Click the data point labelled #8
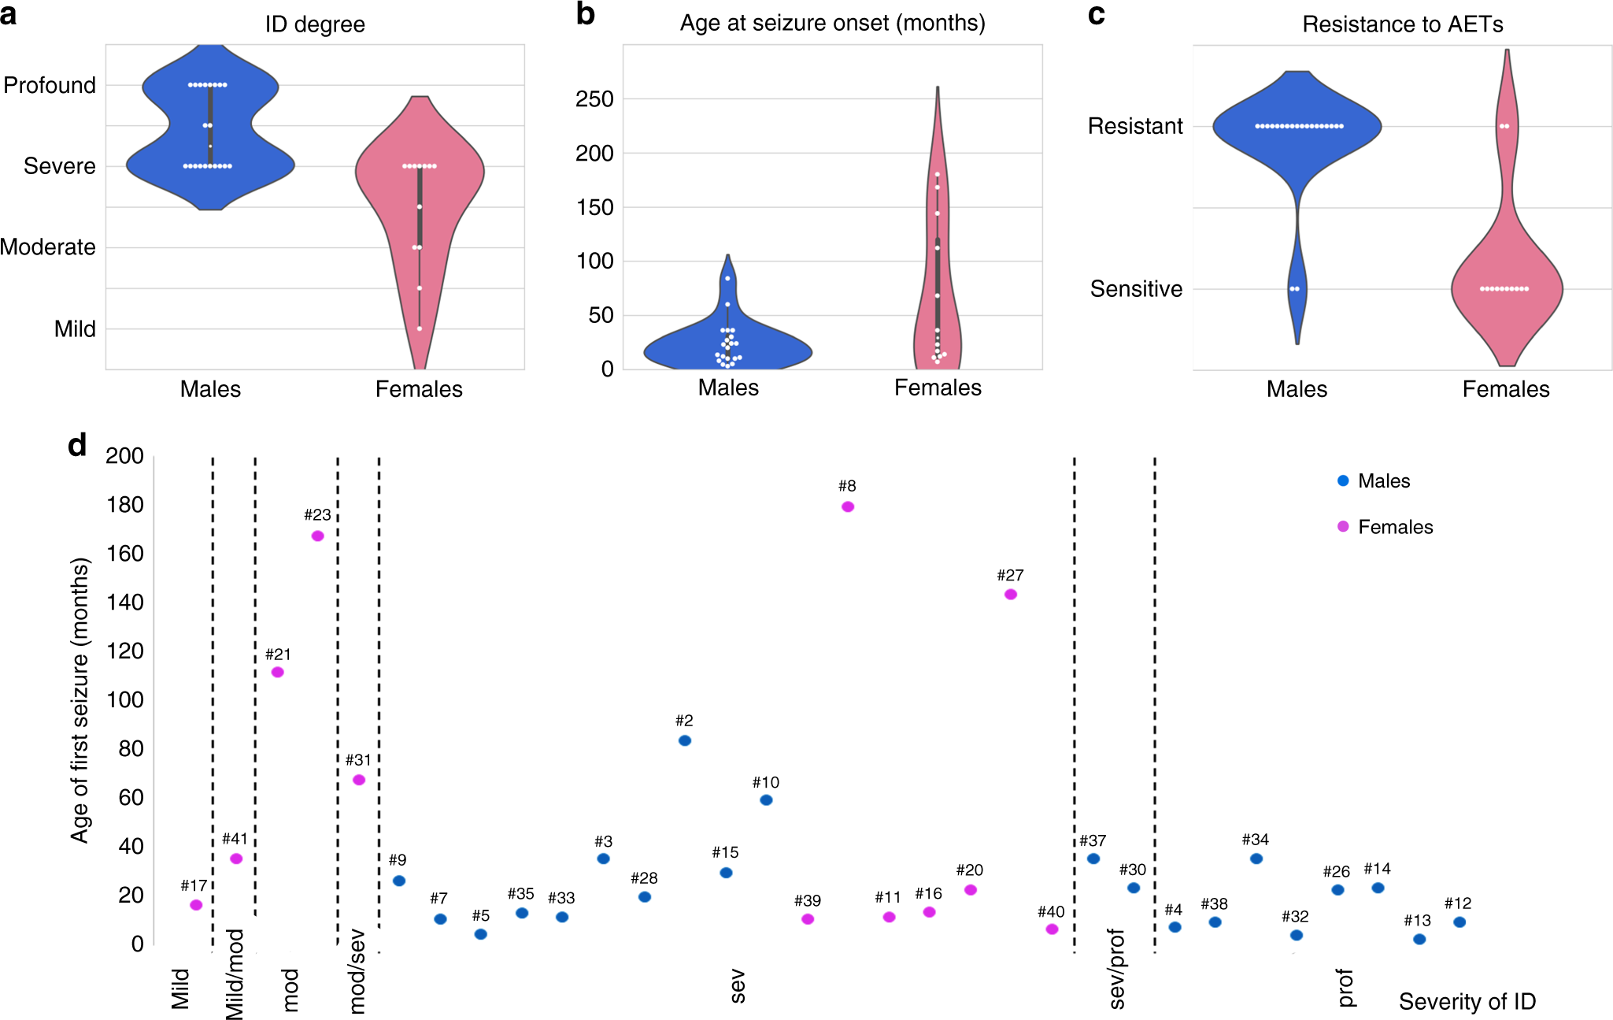pos(847,506)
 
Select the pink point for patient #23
pos(317,536)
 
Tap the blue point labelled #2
pos(685,740)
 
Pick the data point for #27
pos(1011,594)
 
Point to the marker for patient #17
pos(196,905)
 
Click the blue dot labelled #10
pos(766,800)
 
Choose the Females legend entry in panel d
pos(1385,527)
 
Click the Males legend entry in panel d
pos(1374,481)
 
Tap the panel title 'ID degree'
pos(315,24)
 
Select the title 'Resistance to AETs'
pos(1403,24)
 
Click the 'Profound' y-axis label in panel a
pos(50,85)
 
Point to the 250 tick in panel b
pos(594,99)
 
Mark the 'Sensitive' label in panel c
pos(1136,289)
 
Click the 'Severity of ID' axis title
pos(1467,1001)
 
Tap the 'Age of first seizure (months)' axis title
pos(80,700)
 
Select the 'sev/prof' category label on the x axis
pos(1116,969)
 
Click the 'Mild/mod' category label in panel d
pos(235,974)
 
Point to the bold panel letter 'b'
pos(585,14)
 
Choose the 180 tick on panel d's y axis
pos(125,505)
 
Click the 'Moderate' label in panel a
pos(48,247)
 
